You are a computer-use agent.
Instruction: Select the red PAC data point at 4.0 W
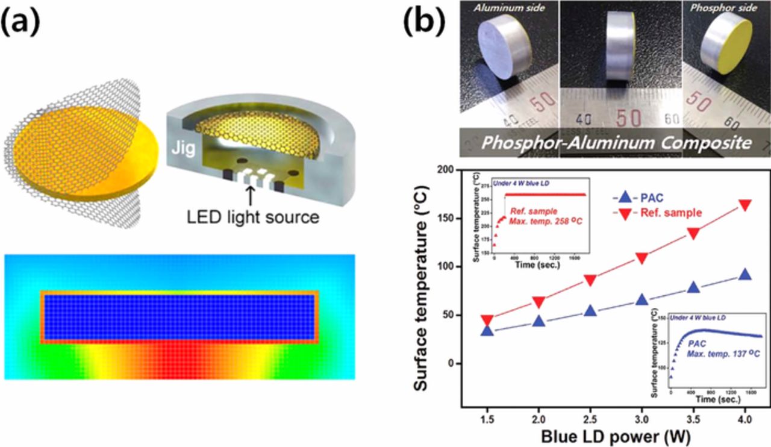tap(745, 205)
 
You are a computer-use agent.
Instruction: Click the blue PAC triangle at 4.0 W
tap(745, 274)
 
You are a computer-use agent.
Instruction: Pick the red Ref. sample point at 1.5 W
tap(488, 320)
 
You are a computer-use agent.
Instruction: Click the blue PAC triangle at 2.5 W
tap(590, 311)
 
